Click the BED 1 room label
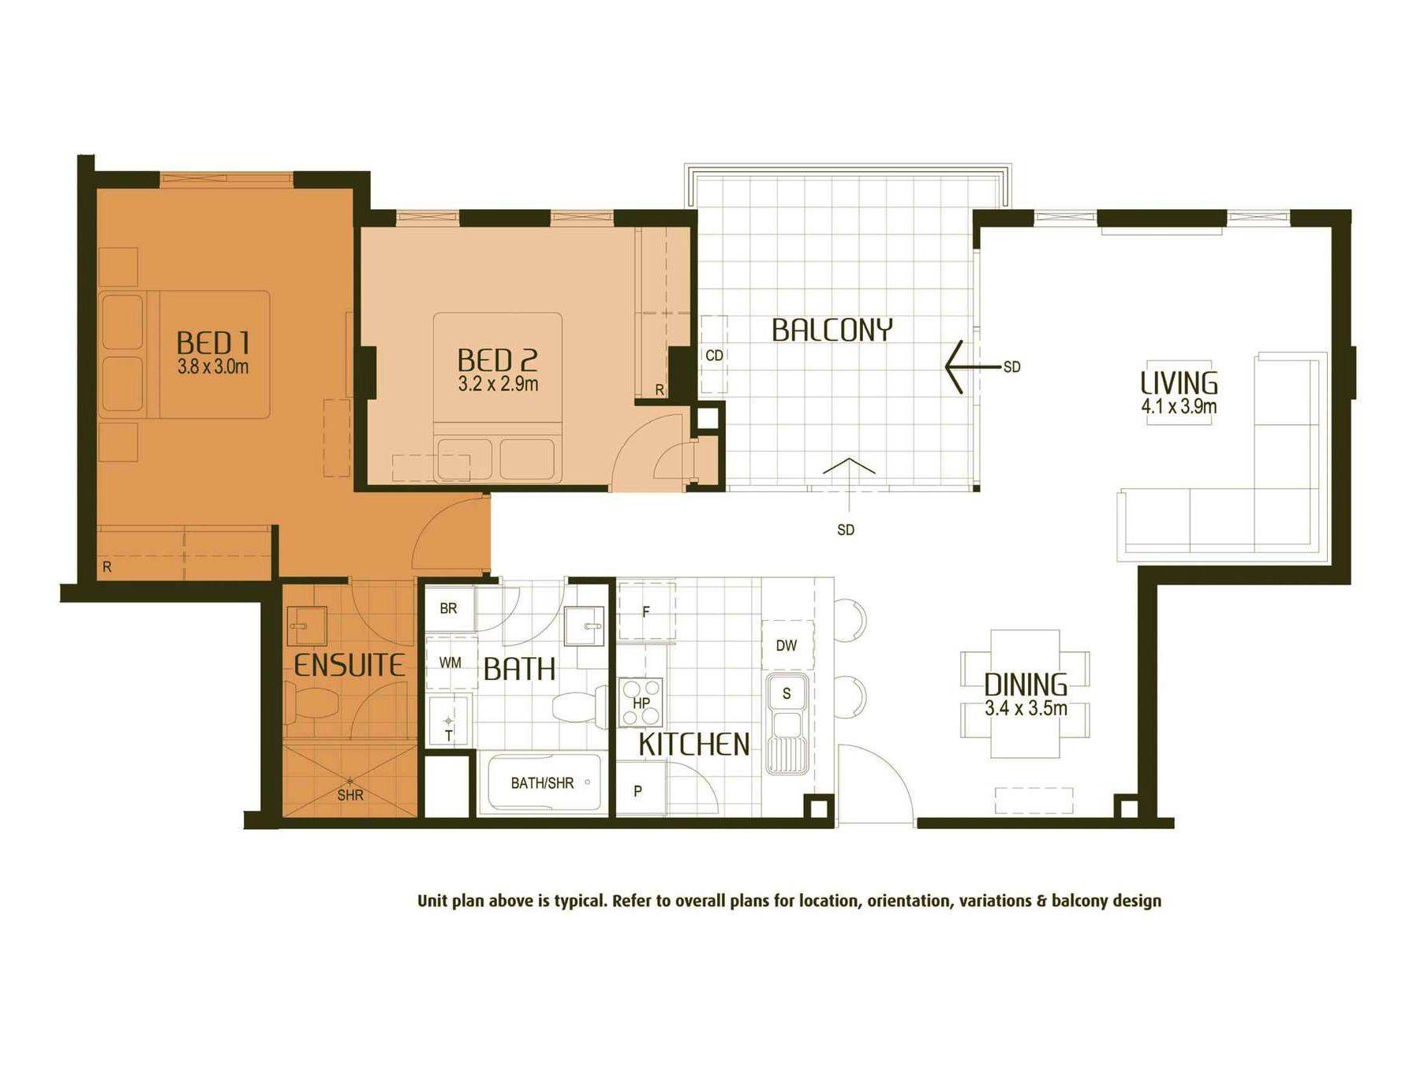[213, 343]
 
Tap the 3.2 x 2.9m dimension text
[498, 384]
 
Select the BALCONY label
[832, 330]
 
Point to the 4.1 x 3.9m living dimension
[1179, 406]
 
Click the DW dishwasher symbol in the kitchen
[787, 645]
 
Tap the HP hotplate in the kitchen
[641, 702]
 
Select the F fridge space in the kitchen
[646, 611]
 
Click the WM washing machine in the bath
[450, 663]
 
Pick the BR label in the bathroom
[448, 608]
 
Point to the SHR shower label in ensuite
[350, 795]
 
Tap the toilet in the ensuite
[311, 702]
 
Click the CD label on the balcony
[715, 356]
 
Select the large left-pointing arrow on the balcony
[973, 367]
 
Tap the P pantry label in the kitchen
[637, 790]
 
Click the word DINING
[1026, 684]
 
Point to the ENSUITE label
[349, 665]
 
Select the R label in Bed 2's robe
[660, 390]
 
